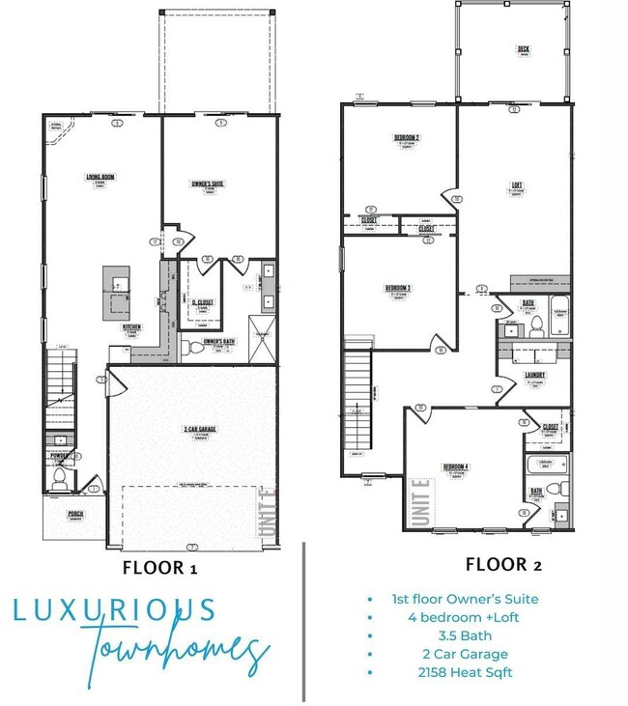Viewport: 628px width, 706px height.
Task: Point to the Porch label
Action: (x=75, y=514)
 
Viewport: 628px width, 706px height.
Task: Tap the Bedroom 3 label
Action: (x=398, y=288)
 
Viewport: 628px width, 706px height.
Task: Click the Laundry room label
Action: (x=535, y=376)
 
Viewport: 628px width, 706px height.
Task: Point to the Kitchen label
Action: (x=132, y=327)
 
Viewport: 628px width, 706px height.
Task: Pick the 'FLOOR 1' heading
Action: (x=159, y=567)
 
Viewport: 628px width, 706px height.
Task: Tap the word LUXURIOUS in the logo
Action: (x=115, y=611)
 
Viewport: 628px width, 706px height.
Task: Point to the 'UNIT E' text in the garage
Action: (x=267, y=513)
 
